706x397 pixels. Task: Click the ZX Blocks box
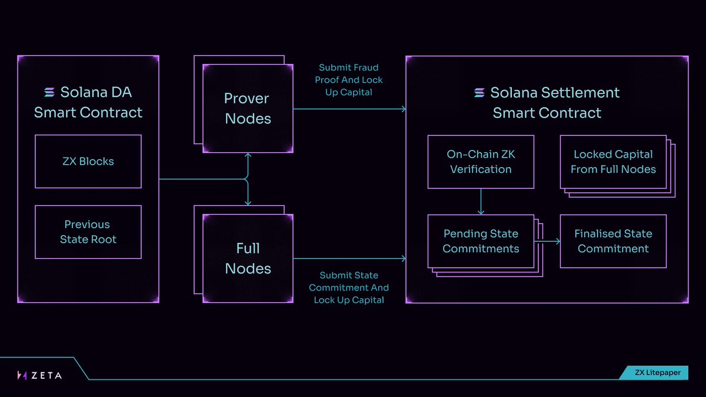point(88,161)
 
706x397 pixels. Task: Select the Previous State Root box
point(88,232)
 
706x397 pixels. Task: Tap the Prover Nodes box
point(248,108)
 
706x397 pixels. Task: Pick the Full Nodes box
point(248,258)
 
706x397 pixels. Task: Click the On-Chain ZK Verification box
point(481,162)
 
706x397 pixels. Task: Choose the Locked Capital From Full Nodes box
point(613,162)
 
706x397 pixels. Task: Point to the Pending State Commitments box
point(481,241)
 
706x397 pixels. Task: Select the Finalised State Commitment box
point(613,241)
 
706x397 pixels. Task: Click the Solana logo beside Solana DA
point(50,92)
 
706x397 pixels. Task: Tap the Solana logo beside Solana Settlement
point(479,93)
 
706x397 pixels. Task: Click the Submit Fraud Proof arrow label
point(349,80)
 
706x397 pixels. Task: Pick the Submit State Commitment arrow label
point(349,288)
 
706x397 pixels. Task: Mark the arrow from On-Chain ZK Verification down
point(481,202)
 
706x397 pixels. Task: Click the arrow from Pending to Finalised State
point(547,241)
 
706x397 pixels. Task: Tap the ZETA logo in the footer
point(39,375)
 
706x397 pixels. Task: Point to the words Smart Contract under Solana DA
point(88,112)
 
